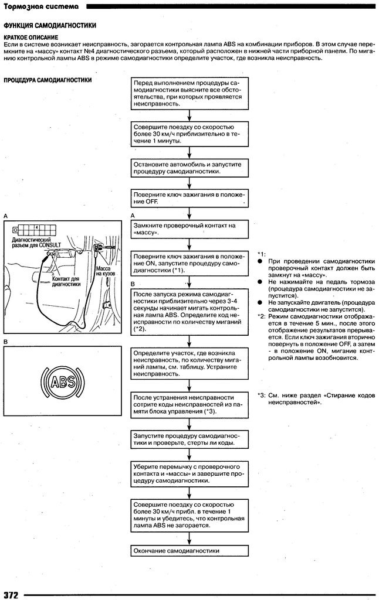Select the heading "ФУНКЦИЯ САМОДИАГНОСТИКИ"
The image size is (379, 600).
(50, 26)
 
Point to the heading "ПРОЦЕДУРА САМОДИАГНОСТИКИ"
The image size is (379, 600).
(48, 80)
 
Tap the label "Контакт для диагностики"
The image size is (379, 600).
(65, 281)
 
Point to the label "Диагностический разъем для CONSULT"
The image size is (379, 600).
(32, 243)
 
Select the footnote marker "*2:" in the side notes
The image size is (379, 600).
(262, 316)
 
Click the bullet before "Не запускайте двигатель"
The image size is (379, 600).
(260, 302)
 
